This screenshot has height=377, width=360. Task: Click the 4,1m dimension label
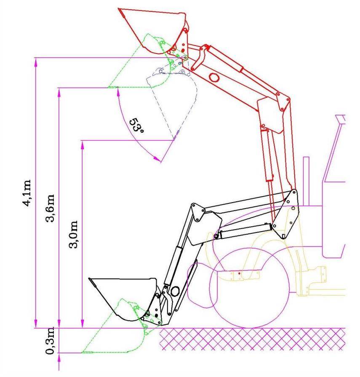(27, 193)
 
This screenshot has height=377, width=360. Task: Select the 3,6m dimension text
(50, 208)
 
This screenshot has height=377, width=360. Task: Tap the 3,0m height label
(73, 234)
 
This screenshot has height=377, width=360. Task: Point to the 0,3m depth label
(50, 341)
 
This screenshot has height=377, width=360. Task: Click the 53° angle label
(136, 125)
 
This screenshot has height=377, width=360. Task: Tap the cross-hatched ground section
(252, 339)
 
